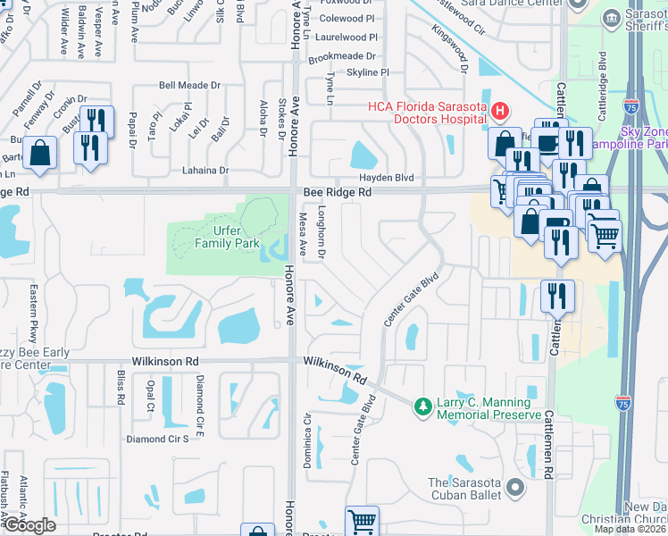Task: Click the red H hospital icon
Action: pyautogui.click(x=500, y=112)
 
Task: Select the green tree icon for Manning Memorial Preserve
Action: pyautogui.click(x=422, y=407)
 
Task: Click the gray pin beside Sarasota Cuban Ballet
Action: pyautogui.click(x=514, y=488)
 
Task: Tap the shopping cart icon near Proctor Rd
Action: pyautogui.click(x=362, y=521)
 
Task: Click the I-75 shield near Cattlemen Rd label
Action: pyautogui.click(x=623, y=402)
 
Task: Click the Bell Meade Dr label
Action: pyautogui.click(x=189, y=86)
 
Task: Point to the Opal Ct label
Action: pyautogui.click(x=150, y=390)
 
